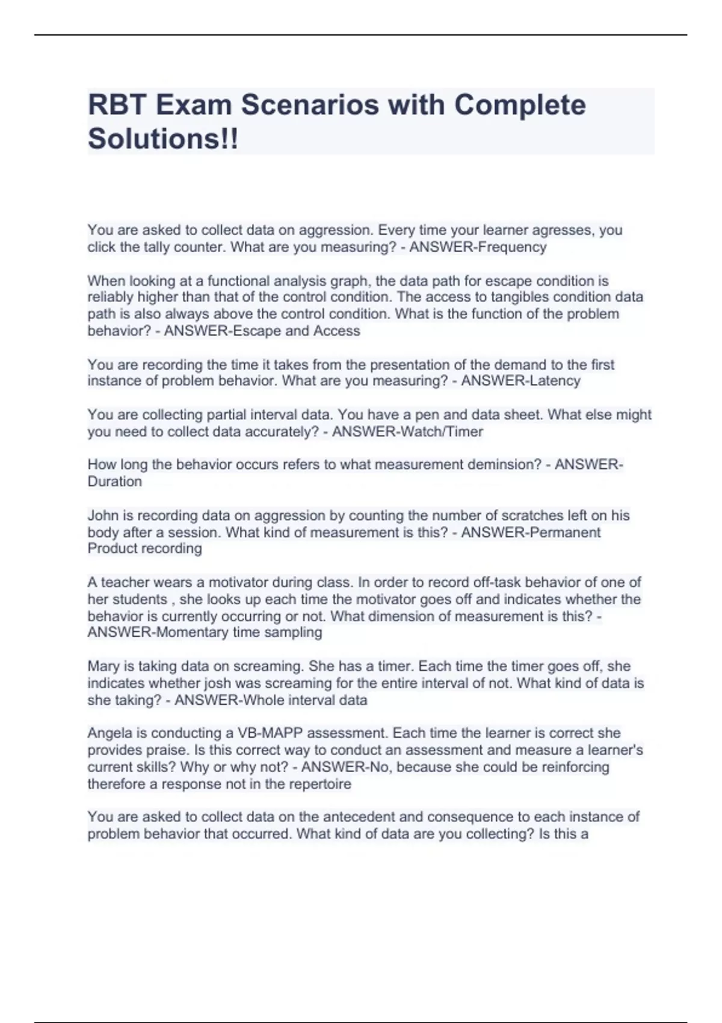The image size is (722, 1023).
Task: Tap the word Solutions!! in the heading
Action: coord(163,139)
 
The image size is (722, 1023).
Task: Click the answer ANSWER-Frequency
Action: coord(478,247)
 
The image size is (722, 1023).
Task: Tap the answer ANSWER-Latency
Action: coord(520,381)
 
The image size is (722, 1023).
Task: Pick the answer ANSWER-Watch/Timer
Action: coord(407,431)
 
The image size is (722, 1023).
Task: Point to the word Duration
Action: coord(115,481)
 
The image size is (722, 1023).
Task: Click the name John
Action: coord(101,516)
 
